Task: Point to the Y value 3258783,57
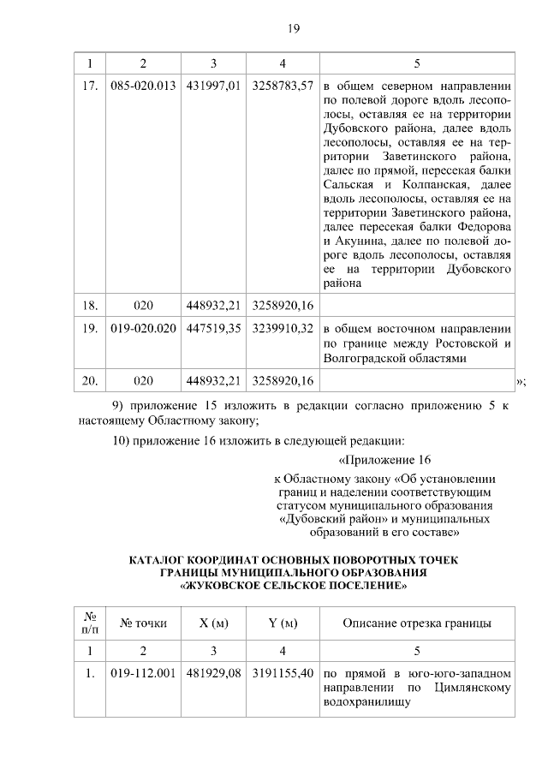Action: coord(283,86)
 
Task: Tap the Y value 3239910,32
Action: coord(283,328)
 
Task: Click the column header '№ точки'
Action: coord(143,623)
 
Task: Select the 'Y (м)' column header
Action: coord(283,623)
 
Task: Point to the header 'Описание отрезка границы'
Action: coord(417,623)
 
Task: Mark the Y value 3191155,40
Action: coord(283,673)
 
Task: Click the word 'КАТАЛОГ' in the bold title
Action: coord(160,561)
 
